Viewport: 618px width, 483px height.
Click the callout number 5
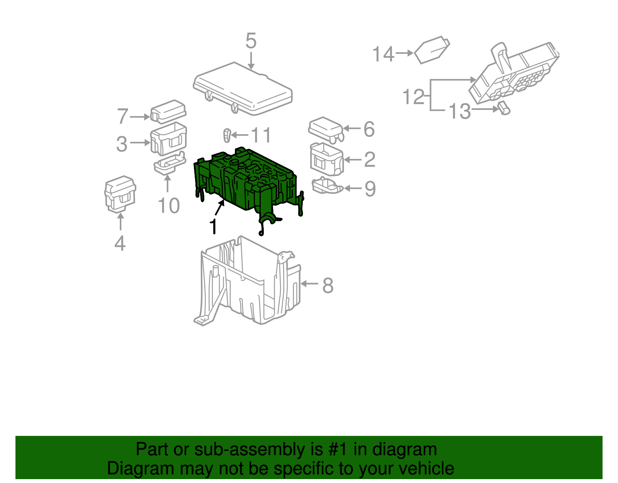251,41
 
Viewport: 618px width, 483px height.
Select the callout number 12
414,97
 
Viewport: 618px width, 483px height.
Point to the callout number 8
328,285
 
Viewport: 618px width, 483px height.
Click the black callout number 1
213,227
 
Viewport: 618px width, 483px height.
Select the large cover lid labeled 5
243,89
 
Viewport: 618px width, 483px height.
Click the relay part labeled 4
120,194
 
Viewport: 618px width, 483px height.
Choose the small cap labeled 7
168,112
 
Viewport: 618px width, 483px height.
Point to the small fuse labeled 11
227,135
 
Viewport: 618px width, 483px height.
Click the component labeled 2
327,159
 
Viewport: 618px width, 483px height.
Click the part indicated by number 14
432,50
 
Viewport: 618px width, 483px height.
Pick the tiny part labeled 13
504,108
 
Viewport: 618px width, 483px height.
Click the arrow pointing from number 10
168,184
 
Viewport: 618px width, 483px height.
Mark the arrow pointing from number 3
140,142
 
